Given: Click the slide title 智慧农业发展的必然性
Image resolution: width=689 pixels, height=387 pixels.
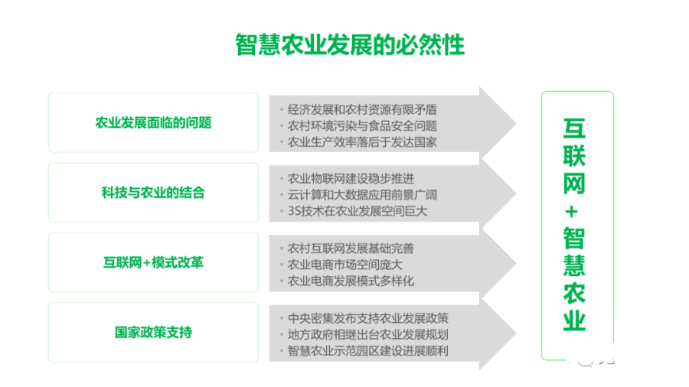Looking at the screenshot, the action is click(x=350, y=45).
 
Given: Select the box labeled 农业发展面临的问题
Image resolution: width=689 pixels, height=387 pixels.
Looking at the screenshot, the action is click(x=153, y=122).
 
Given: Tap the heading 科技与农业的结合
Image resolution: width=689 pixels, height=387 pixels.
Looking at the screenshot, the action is click(x=153, y=193).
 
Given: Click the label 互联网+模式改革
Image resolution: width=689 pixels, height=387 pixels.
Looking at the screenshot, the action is click(x=153, y=262).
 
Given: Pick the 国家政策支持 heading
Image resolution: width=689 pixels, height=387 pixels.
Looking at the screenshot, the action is click(x=153, y=332).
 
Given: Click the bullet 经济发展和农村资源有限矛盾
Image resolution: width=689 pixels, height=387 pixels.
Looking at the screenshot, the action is click(x=362, y=109).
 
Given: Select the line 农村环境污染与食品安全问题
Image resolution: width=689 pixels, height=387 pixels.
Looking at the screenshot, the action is click(x=362, y=126).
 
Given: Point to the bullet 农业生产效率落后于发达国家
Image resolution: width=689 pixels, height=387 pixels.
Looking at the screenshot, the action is click(x=362, y=142).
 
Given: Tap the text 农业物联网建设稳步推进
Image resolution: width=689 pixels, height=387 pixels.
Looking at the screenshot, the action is click(x=351, y=178).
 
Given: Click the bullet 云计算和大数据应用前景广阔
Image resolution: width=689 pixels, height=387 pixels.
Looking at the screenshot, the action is click(x=362, y=195).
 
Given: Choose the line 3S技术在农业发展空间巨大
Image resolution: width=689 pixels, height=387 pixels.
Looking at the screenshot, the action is click(x=358, y=211).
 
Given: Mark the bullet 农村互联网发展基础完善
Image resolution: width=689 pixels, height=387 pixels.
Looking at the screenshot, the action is click(x=351, y=249).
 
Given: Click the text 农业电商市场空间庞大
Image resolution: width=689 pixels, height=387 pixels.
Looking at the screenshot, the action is click(x=345, y=265).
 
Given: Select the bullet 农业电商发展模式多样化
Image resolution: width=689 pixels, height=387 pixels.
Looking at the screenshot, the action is click(x=351, y=281).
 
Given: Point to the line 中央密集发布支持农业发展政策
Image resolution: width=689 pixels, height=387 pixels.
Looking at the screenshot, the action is click(x=367, y=318).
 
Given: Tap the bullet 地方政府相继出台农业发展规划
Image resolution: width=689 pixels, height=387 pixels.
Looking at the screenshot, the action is click(x=367, y=334).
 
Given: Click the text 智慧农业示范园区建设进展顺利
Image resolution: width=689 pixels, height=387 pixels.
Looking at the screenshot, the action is click(x=367, y=350).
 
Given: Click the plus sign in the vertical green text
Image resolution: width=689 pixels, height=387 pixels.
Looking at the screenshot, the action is click(x=571, y=212).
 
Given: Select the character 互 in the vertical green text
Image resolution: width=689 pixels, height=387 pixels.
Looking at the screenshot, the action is click(x=574, y=128).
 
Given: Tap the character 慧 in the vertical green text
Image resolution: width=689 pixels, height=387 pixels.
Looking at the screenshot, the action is click(x=574, y=265).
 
